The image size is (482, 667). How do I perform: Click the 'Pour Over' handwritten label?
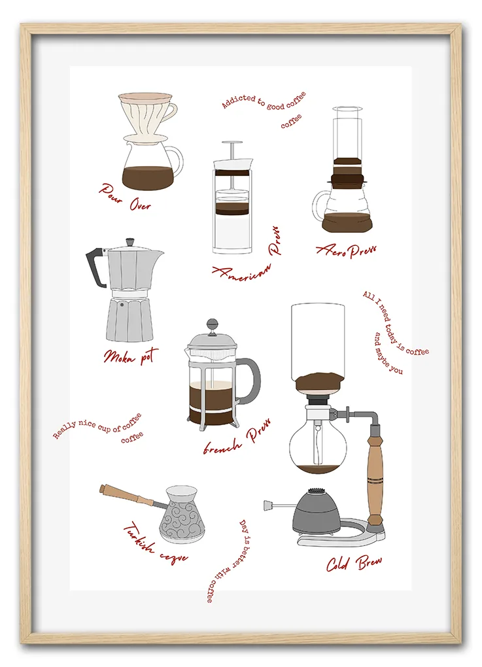coord(126,197)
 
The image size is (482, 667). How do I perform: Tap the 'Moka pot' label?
coord(131,356)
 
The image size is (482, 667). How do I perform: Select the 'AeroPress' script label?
coord(346,250)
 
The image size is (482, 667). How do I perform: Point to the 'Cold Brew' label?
coord(354,563)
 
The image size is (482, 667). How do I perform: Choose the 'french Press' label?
coord(237,437)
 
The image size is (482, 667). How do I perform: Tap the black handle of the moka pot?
coord(95,267)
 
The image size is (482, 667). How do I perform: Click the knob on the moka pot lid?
coord(129,243)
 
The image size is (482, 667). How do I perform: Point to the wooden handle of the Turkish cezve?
coord(127,495)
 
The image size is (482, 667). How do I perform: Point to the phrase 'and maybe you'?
coord(388,354)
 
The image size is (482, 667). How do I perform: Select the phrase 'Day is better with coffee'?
coord(228,560)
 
